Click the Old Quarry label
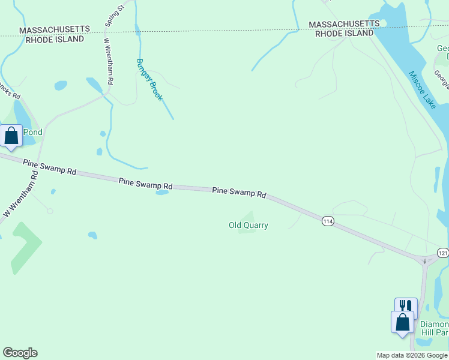pyautogui.click(x=248, y=226)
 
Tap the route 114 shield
pyautogui.click(x=327, y=221)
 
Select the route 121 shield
pyautogui.click(x=443, y=253)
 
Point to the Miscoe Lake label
pyautogui.click(x=423, y=90)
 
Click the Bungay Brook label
pyautogui.click(x=149, y=79)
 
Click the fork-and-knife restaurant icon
pyautogui.click(x=405, y=306)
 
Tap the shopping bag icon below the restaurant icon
pyautogui.click(x=402, y=322)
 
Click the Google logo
pyautogui.click(x=20, y=353)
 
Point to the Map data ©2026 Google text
pyautogui.click(x=412, y=355)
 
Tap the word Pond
pyautogui.click(x=32, y=132)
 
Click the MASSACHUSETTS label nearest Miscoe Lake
pyautogui.click(x=344, y=24)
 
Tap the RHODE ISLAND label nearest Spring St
pyautogui.click(x=55, y=39)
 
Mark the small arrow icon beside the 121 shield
pyautogui.click(x=424, y=260)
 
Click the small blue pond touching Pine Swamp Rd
pyautogui.click(x=162, y=193)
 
